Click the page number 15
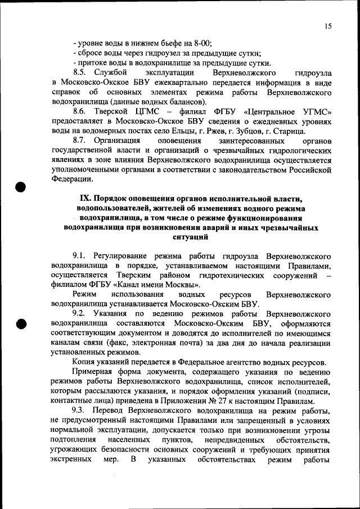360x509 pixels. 327,26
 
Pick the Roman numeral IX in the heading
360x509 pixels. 85,199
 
